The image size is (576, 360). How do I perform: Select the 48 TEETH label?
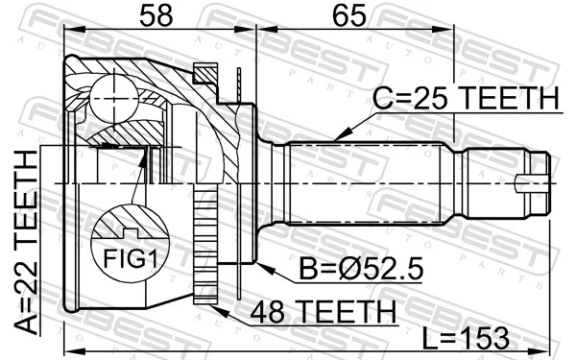tap(323, 312)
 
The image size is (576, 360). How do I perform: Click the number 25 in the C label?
tap(431, 99)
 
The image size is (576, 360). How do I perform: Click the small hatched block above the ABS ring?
tap(205, 74)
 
